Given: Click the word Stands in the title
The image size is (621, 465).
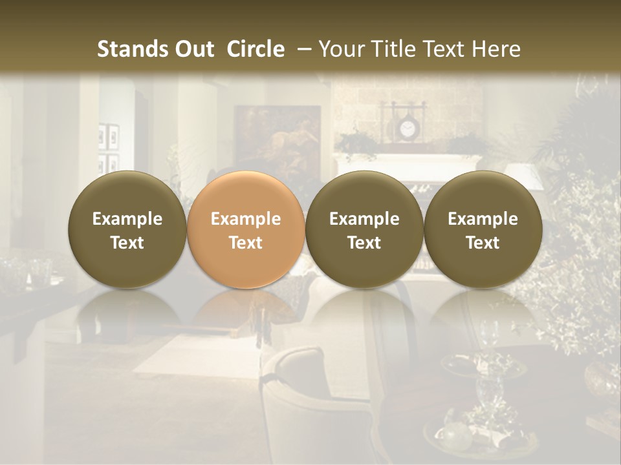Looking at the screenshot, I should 131,49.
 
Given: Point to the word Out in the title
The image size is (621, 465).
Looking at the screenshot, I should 193,49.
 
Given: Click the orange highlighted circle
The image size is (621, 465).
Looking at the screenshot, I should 246,229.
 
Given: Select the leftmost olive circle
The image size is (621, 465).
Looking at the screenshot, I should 127,229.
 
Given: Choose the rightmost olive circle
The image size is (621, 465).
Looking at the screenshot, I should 483,229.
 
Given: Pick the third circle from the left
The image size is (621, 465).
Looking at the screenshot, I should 364,229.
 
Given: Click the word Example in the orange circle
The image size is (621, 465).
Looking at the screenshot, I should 246,219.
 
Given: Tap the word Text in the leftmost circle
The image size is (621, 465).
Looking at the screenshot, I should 127,243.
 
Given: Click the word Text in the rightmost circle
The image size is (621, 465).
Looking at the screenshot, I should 483,243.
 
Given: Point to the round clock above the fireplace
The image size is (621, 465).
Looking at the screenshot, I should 407,130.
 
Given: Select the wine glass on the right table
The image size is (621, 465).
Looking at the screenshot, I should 490,336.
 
